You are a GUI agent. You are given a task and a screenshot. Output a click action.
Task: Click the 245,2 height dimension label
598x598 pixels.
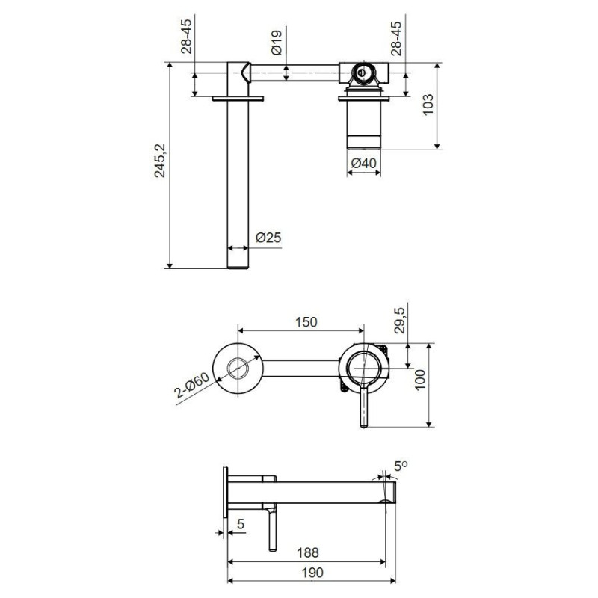pyautogui.click(x=160, y=161)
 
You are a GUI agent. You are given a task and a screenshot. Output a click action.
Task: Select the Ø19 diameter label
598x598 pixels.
pyautogui.click(x=277, y=43)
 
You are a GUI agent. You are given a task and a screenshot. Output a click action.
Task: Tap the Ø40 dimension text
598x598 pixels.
pyautogui.click(x=363, y=163)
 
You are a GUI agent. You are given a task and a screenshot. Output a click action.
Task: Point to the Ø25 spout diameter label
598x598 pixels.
pyautogui.click(x=268, y=238)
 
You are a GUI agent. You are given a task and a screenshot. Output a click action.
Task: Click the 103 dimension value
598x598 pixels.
pyautogui.click(x=428, y=105)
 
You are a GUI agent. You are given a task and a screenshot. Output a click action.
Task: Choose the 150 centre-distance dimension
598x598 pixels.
pyautogui.click(x=306, y=322)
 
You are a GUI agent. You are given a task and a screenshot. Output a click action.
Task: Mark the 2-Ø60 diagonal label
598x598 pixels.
pyautogui.click(x=192, y=385)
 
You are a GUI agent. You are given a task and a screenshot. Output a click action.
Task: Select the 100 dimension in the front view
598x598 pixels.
pyautogui.click(x=419, y=380)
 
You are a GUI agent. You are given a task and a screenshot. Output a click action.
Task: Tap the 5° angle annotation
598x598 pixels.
pyautogui.click(x=401, y=466)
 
